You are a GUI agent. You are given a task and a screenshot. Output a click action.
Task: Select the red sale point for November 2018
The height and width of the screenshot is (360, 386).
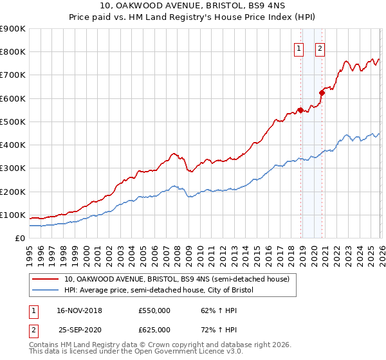300,109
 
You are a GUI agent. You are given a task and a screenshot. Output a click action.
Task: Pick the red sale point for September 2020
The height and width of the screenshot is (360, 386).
322,93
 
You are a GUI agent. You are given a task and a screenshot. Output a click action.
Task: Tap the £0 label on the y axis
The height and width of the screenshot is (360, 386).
19,238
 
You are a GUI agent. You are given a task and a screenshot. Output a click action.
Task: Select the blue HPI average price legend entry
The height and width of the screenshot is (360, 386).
159,291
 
